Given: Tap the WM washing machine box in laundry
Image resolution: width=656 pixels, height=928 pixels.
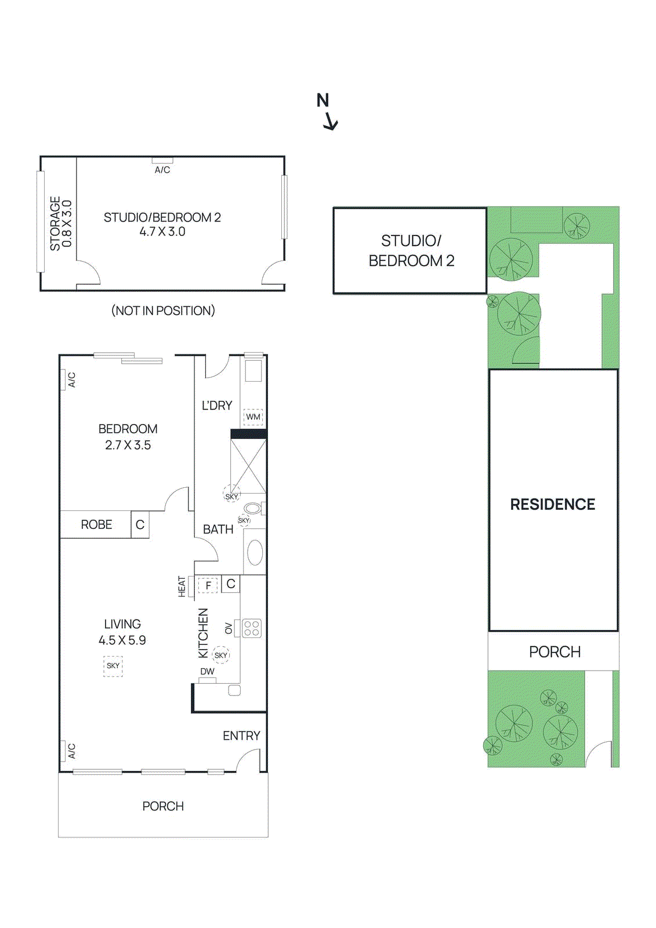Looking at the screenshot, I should [253, 417].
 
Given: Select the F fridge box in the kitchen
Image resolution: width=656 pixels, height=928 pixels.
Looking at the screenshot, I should [208, 585].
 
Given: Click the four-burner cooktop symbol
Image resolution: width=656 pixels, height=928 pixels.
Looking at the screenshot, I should [252, 628].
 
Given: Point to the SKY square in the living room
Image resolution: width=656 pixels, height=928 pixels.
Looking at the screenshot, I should [113, 666].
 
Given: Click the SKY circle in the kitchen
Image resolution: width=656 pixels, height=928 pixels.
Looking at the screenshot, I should [221, 655].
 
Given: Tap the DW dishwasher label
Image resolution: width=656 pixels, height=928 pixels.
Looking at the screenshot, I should [207, 672].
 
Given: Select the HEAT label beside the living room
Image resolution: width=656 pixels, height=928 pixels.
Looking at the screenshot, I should [182, 586].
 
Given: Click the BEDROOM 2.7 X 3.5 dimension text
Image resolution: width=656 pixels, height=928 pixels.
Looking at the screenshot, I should [128, 445].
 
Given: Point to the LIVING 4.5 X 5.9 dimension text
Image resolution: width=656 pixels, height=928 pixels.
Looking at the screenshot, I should [122, 640].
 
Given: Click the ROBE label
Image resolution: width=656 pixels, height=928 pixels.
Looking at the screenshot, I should [96, 524].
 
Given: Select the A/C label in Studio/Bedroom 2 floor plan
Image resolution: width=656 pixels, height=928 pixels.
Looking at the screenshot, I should [162, 170].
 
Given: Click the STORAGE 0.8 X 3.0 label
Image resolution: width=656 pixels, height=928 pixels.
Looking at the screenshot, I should [60, 223].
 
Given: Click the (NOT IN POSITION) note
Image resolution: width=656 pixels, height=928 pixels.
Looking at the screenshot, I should [163, 311].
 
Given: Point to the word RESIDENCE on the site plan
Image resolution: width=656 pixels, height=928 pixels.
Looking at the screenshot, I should [552, 505].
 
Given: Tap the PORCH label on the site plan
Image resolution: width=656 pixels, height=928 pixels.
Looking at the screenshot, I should [554, 652].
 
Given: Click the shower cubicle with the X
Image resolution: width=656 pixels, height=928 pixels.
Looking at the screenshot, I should [248, 466].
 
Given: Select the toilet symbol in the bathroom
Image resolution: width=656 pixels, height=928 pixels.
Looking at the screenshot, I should [253, 509].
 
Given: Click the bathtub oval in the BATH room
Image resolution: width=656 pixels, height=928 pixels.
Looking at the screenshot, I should [255, 552].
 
